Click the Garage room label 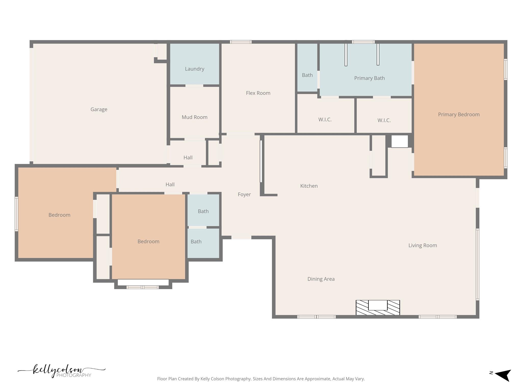[x=99, y=109]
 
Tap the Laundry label [x=194, y=69]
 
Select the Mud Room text [x=194, y=117]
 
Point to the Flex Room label [x=258, y=93]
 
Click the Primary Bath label [x=369, y=78]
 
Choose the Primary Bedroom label [x=459, y=115]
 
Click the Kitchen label [x=309, y=186]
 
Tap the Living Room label [x=422, y=246]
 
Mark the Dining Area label [x=321, y=279]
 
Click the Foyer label [x=244, y=194]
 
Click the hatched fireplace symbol [x=377, y=308]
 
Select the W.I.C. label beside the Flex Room [x=325, y=120]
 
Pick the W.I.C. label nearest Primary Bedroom [x=384, y=120]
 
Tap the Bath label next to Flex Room [x=307, y=75]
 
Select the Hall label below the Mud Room [x=188, y=158]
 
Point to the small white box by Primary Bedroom [x=399, y=141]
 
